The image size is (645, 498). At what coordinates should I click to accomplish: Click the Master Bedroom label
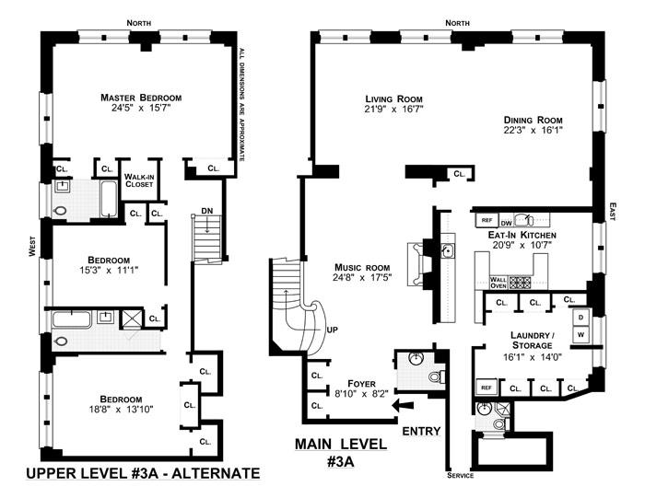click(x=141, y=98)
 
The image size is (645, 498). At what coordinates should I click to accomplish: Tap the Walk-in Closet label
click(x=139, y=180)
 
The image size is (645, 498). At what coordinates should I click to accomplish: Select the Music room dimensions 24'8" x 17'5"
click(x=362, y=278)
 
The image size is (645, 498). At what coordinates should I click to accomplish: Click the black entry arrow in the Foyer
click(x=403, y=406)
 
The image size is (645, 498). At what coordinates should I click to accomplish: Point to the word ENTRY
click(x=421, y=431)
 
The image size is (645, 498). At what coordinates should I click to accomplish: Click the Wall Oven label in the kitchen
click(x=498, y=283)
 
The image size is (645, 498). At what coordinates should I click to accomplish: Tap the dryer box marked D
click(x=580, y=318)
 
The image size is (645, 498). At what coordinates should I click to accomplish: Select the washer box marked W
click(x=580, y=334)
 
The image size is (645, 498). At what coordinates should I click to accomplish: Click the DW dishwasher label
click(x=507, y=223)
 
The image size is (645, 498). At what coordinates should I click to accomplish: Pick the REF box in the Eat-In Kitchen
click(x=487, y=220)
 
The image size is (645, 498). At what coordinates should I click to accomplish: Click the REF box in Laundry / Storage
click(x=487, y=387)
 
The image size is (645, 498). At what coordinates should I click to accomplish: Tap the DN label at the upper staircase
click(x=207, y=211)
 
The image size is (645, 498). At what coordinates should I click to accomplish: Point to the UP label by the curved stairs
click(x=332, y=330)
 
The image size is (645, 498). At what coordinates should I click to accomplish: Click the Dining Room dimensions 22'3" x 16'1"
click(x=533, y=130)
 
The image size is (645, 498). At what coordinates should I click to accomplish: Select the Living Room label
click(x=393, y=99)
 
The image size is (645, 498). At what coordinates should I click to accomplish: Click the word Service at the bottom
click(x=461, y=475)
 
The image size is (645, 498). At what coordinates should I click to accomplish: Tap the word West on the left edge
click(x=32, y=246)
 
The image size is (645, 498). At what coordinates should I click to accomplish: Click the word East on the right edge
click(x=612, y=211)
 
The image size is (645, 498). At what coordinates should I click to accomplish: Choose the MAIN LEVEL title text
click(x=341, y=444)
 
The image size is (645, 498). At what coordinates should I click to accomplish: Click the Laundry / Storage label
click(x=532, y=340)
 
